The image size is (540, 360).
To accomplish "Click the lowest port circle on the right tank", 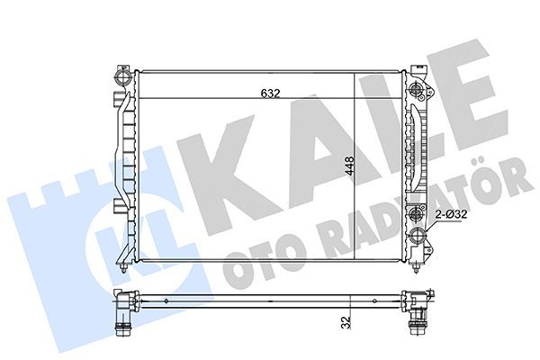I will point(417,238).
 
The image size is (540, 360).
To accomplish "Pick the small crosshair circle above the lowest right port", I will point(416,216).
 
